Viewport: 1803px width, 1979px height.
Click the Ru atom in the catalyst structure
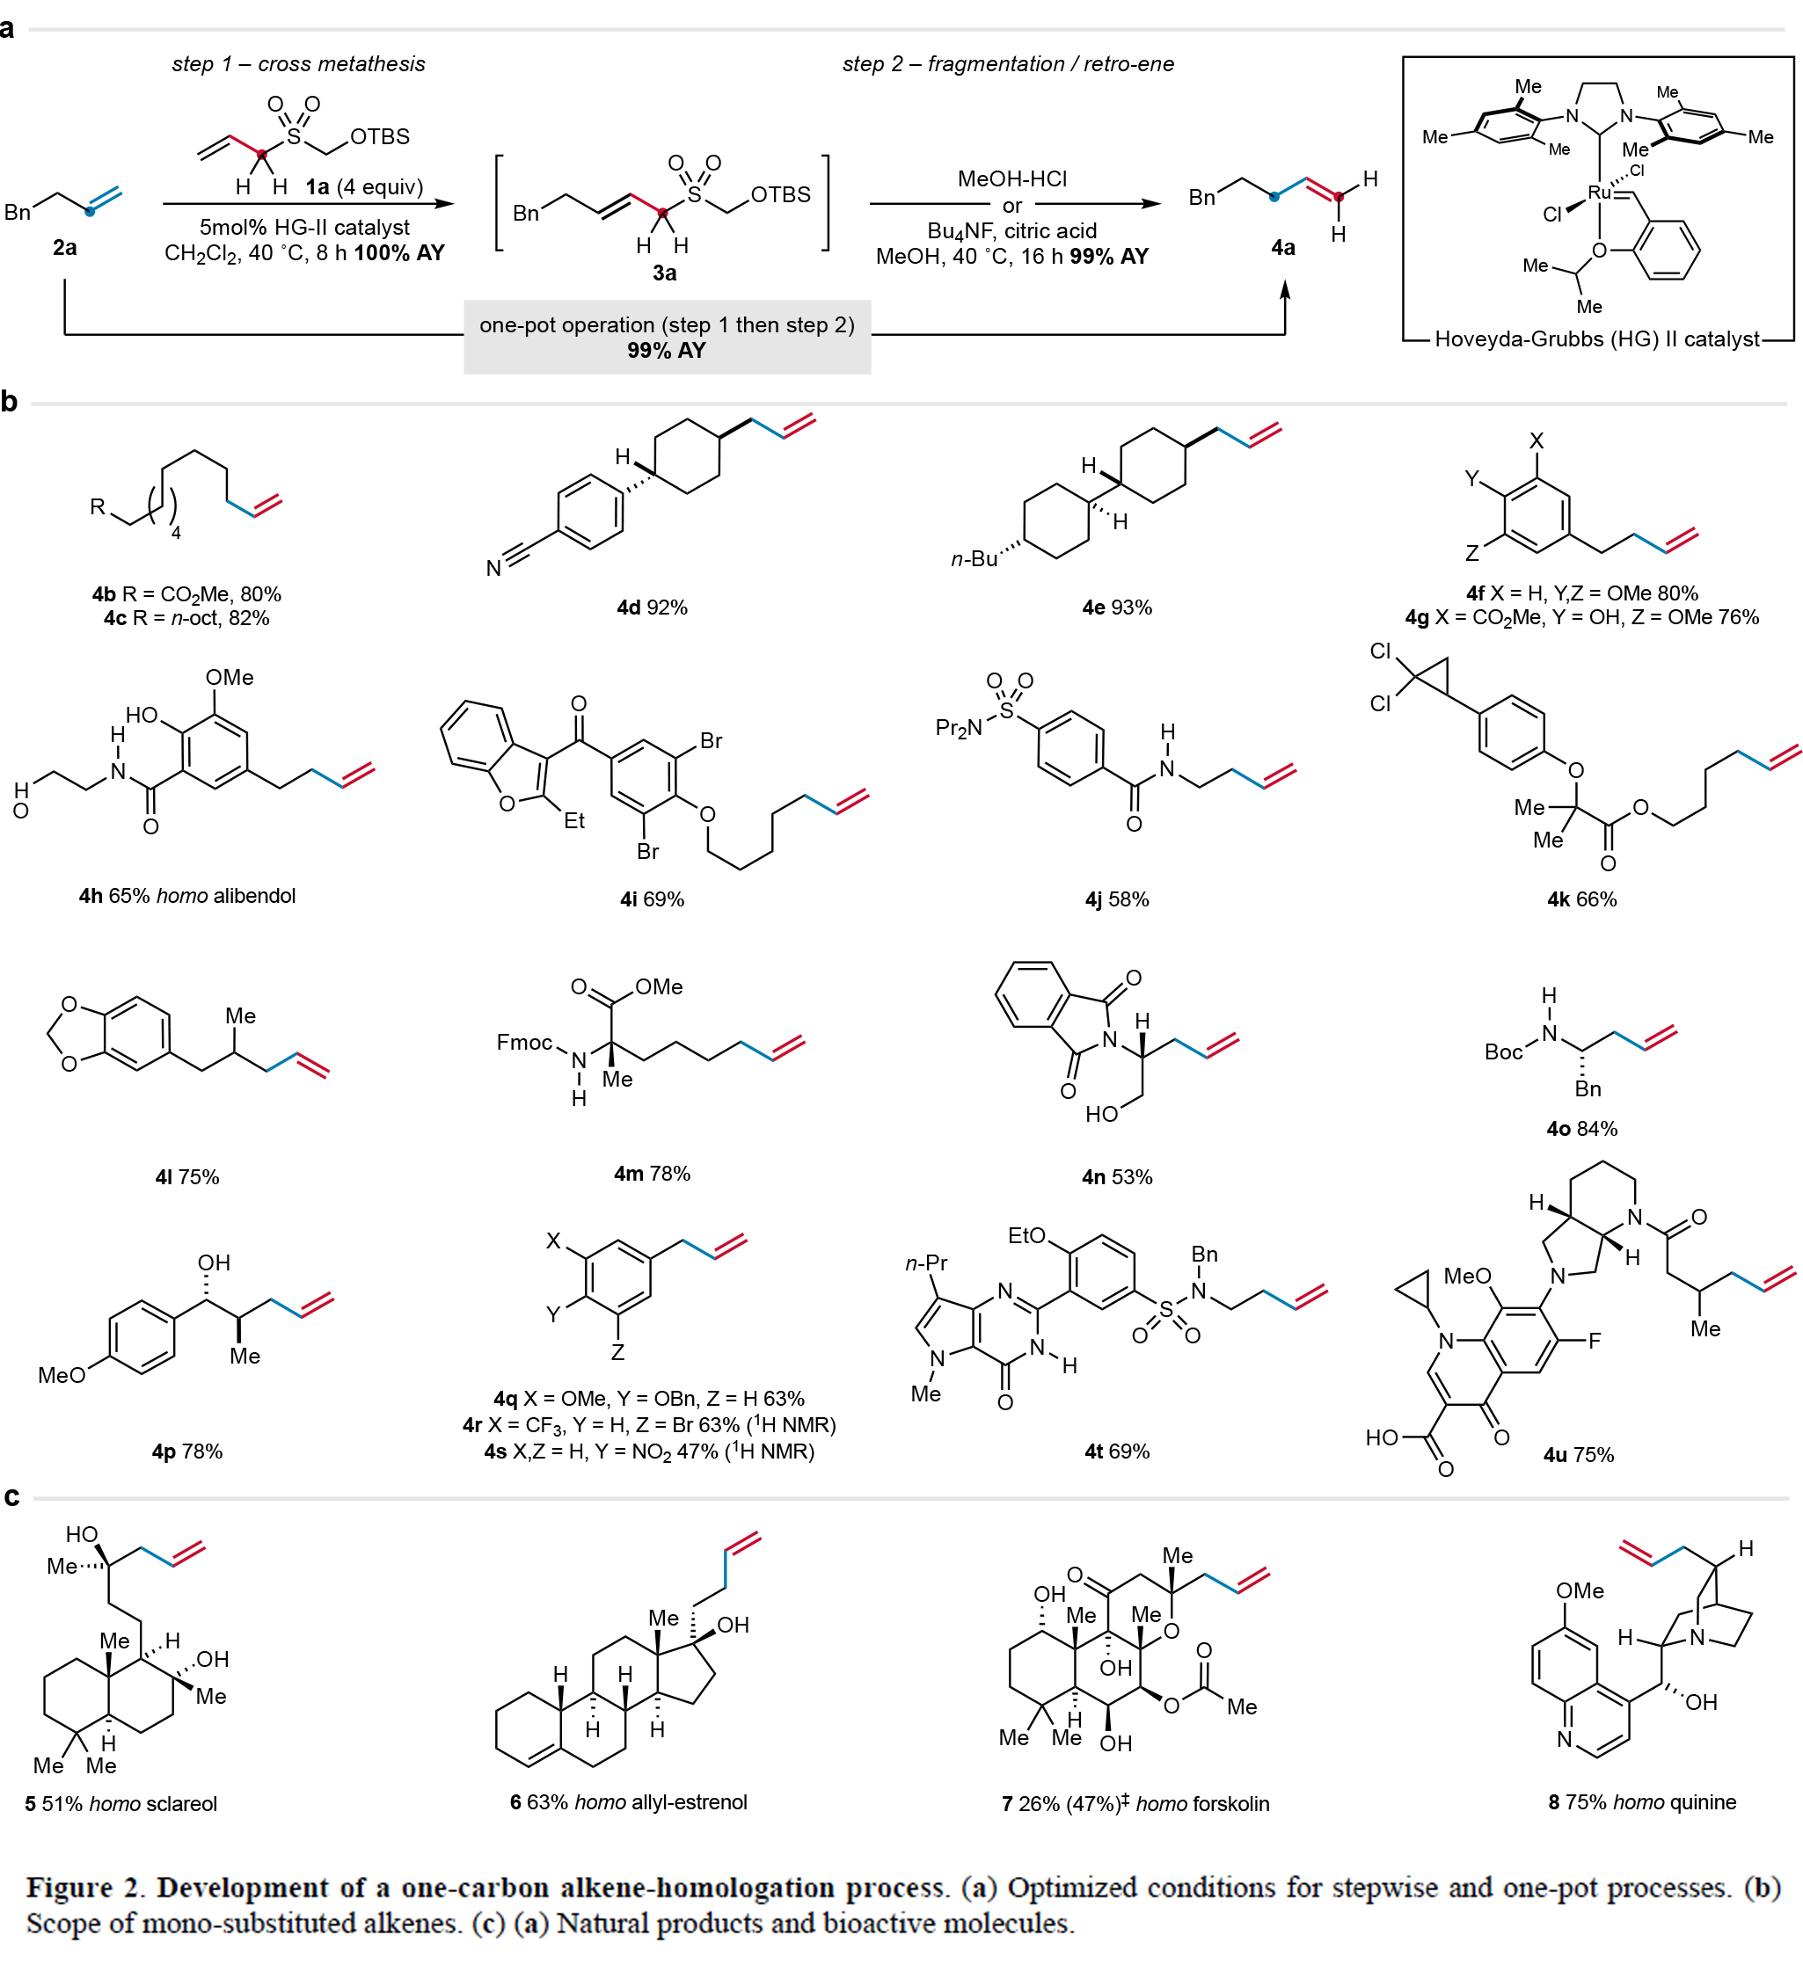coord(1599,193)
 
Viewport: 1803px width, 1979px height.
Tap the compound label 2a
coord(65,248)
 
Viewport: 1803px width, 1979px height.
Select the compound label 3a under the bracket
coord(664,273)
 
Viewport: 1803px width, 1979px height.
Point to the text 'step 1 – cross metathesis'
coord(297,65)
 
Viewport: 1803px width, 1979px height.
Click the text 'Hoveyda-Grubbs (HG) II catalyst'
coord(1597,339)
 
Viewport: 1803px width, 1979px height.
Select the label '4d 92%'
coord(651,608)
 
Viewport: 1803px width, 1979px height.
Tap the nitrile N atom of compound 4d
coord(494,568)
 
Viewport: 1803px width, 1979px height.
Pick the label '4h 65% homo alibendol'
coord(186,896)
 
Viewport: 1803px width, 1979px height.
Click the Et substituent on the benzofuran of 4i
coord(573,820)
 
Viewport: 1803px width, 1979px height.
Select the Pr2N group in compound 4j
coord(959,727)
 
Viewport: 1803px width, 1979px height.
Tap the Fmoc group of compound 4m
coord(524,1043)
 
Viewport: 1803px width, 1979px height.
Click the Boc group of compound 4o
coord(1502,1052)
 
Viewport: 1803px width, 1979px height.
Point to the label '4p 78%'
coord(186,1452)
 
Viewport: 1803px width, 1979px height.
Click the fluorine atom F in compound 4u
coord(1594,1341)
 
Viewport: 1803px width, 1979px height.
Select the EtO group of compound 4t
coord(1026,1236)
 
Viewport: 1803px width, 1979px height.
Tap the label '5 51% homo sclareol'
coord(120,1804)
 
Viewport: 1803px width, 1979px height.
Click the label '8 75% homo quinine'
coord(1642,1802)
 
